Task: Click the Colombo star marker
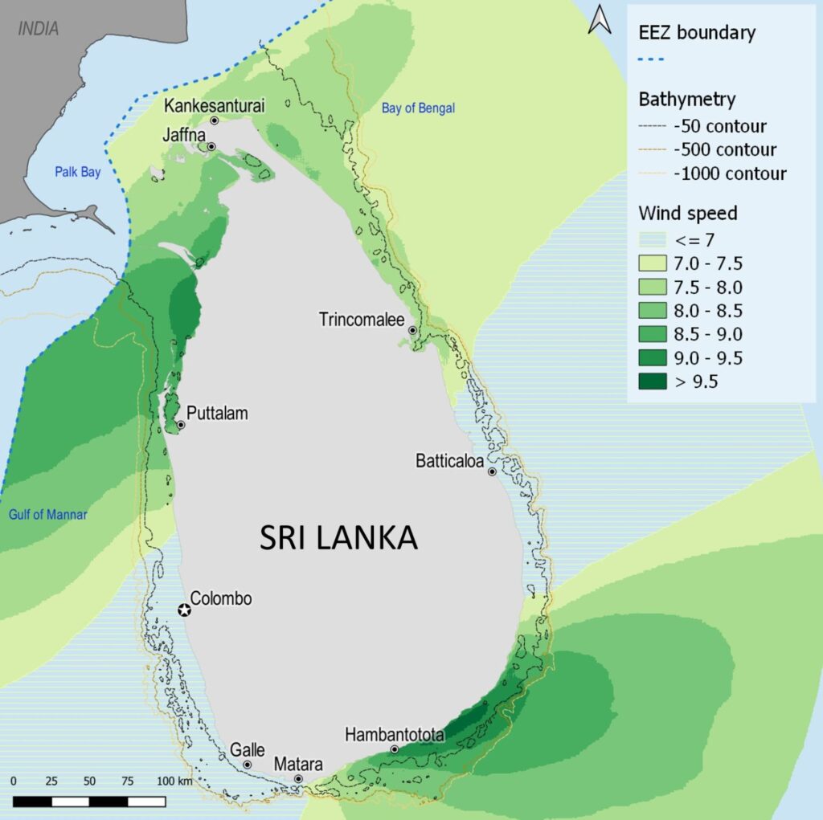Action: (x=185, y=610)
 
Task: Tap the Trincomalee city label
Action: (x=361, y=320)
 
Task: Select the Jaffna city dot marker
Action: (x=211, y=147)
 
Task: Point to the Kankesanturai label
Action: (x=214, y=105)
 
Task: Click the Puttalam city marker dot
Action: (x=181, y=425)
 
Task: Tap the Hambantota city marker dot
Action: (x=395, y=749)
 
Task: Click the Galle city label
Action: (x=248, y=749)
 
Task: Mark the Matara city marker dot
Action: (x=298, y=779)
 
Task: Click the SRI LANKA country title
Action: (x=338, y=538)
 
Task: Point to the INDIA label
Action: (x=39, y=29)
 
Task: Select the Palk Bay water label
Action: (x=78, y=172)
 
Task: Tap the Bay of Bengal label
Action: (x=418, y=108)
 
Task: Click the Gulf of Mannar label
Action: (x=48, y=515)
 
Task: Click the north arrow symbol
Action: (x=600, y=19)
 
